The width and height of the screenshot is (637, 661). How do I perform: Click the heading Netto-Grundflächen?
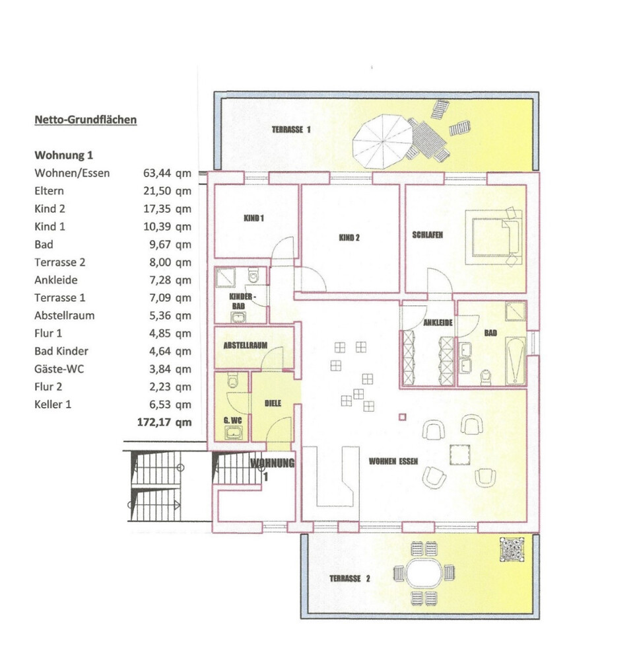pyautogui.click(x=85, y=120)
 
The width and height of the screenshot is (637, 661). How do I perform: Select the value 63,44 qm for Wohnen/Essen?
pyautogui.click(x=167, y=173)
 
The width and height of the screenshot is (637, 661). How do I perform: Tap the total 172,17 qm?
pyautogui.click(x=164, y=422)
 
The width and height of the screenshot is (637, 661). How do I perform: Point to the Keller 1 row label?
pyautogui.click(x=53, y=405)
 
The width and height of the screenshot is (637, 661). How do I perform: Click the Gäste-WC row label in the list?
pyautogui.click(x=59, y=369)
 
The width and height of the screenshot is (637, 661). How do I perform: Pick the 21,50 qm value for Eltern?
pyautogui.click(x=167, y=191)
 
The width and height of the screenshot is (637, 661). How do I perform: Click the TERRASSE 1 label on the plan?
pyautogui.click(x=291, y=130)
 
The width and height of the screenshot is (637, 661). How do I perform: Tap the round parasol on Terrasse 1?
pyautogui.click(x=382, y=141)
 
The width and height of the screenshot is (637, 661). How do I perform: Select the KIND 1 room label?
pyautogui.click(x=253, y=218)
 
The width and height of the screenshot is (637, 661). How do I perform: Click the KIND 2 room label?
pyautogui.click(x=349, y=238)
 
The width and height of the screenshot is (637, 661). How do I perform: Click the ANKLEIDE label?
pyautogui.click(x=438, y=323)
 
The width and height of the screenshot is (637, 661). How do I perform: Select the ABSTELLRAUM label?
pyautogui.click(x=245, y=345)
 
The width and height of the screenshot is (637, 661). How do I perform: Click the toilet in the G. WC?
pyautogui.click(x=233, y=380)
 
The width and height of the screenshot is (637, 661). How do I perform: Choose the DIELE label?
pyautogui.click(x=273, y=403)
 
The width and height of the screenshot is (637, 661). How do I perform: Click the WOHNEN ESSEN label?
pyautogui.click(x=393, y=461)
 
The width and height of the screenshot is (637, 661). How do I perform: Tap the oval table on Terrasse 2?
pyautogui.click(x=424, y=573)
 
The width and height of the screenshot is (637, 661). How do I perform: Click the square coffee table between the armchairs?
pyautogui.click(x=460, y=455)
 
